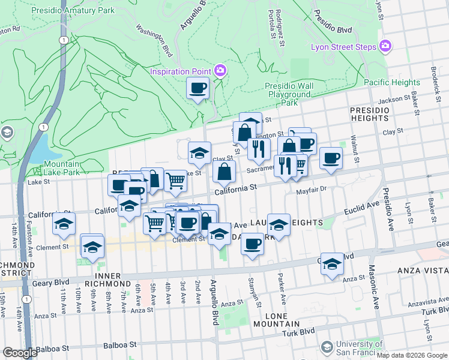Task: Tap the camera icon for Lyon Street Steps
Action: [x=385, y=46]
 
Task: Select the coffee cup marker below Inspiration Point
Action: [x=198, y=89]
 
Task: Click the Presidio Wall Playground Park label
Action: [x=289, y=94]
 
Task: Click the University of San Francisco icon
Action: [x=327, y=347]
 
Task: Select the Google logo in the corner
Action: [x=20, y=353]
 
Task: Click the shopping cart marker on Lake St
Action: [x=175, y=179]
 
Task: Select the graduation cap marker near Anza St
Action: [x=332, y=264]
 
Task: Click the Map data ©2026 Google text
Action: [x=411, y=355]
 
